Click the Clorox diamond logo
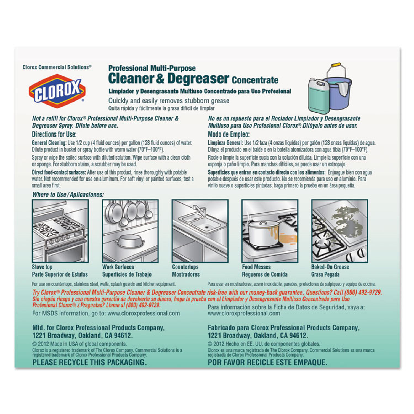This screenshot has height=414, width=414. [x=57, y=91]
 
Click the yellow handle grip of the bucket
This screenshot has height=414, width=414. [x=336, y=65]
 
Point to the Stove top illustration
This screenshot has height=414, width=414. [x=60, y=231]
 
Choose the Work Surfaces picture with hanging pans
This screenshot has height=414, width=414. [x=130, y=231]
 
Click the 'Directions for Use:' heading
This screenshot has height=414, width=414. [x=54, y=134]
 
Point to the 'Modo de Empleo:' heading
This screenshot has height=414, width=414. [x=229, y=134]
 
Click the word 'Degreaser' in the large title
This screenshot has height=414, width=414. [x=198, y=78]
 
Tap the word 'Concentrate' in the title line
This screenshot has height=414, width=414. [x=255, y=80]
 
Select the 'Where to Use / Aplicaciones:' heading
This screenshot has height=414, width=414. [x=68, y=195]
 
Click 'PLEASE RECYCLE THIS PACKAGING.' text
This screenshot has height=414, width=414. [x=89, y=362]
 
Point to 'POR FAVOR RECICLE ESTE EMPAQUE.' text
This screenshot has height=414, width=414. [x=267, y=362]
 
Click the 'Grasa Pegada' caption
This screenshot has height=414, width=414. [x=325, y=274]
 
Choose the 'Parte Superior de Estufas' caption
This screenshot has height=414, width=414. [x=60, y=274]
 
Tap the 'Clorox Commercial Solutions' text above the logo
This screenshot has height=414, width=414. [x=57, y=67]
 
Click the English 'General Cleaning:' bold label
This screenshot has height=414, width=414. [x=49, y=143]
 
